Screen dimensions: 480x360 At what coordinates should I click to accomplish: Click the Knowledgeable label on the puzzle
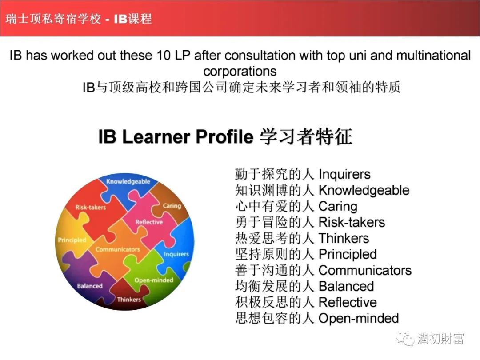tap(128, 181)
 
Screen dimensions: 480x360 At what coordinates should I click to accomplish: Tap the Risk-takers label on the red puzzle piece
tap(90, 207)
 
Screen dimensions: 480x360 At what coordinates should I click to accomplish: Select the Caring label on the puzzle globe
tap(172, 206)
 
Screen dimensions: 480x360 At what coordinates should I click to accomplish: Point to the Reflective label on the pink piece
tap(149, 222)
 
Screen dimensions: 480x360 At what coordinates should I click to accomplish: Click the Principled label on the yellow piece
tap(72, 240)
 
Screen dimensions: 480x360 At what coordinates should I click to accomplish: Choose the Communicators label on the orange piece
tap(117, 249)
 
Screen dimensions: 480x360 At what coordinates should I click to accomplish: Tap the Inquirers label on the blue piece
tap(176, 254)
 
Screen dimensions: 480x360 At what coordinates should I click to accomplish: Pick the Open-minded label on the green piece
tap(154, 280)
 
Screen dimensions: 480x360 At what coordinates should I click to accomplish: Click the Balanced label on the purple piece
tap(90, 286)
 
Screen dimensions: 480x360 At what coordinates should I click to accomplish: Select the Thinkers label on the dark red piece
tap(129, 300)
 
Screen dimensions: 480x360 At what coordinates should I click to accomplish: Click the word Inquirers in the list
tap(344, 174)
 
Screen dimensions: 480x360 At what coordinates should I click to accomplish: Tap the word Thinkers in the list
tap(344, 238)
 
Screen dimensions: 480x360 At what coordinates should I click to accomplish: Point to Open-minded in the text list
tap(359, 318)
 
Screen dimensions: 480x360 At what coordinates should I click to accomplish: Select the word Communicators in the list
tap(365, 270)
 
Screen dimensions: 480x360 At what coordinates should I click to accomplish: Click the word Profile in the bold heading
tap(224, 136)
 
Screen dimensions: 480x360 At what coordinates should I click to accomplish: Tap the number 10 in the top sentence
tap(164, 56)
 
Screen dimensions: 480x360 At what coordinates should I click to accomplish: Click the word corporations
tap(240, 71)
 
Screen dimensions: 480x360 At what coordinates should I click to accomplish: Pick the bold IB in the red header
tap(120, 19)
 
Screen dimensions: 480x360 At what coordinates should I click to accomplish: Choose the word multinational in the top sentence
tap(433, 56)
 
